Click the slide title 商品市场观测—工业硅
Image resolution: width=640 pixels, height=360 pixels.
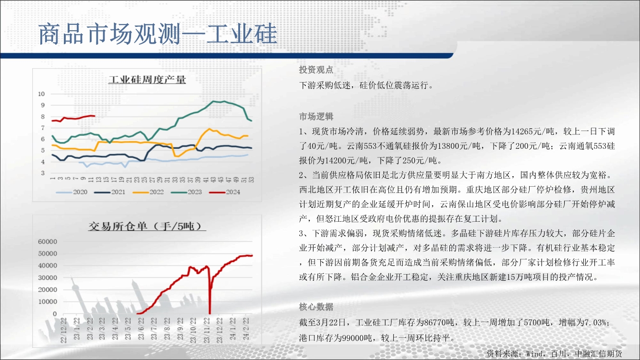point(157,34)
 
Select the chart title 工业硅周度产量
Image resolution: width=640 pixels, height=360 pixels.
point(147,79)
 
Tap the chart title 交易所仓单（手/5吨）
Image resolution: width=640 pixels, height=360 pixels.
point(147,226)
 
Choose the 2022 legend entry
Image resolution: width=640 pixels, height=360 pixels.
point(148,192)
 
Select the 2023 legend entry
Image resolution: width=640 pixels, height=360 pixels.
point(186,192)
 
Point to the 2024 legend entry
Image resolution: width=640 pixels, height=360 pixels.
point(225,192)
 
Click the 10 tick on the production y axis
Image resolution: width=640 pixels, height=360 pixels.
point(41,94)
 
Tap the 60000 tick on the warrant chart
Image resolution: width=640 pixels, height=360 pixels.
point(48,242)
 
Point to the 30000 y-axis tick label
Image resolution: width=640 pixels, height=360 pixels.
point(48,278)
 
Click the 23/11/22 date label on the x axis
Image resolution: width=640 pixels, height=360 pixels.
point(206,330)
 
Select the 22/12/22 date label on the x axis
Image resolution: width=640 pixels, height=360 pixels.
point(63,330)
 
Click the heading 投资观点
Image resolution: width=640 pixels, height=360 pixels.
point(316,70)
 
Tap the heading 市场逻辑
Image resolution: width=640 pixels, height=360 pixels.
point(316,117)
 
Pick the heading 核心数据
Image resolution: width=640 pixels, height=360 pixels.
point(316,307)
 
